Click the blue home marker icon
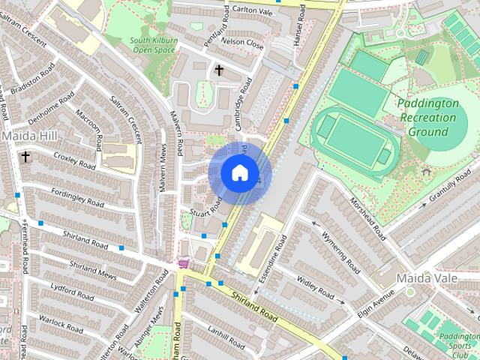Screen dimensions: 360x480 tap(239, 173)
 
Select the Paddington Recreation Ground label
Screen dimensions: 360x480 tap(427, 118)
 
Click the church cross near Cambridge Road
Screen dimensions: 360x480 tap(220, 70)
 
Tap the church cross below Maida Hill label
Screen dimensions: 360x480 tap(26, 157)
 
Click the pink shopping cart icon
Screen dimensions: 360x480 tap(183, 264)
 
